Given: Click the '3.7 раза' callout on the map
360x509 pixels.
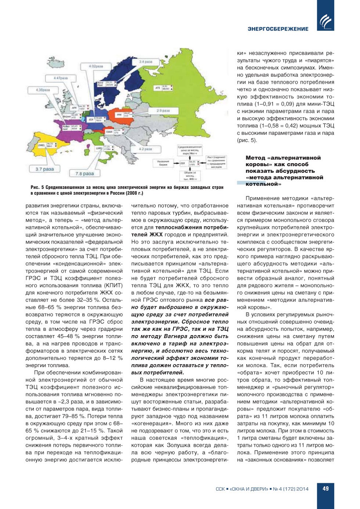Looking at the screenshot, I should click(45, 169).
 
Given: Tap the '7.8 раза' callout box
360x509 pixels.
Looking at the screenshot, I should click(85, 173).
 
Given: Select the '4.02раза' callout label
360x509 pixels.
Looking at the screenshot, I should click(96, 67).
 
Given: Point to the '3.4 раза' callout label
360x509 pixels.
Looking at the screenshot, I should click(146, 62).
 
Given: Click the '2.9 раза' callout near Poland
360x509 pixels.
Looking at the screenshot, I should click(163, 110).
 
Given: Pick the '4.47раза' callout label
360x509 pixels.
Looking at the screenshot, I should click(61, 78).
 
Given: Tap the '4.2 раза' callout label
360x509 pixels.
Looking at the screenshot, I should click(145, 149).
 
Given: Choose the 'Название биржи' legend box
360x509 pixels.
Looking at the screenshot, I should click(163, 163).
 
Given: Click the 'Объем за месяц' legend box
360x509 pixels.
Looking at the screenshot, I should click(190, 175).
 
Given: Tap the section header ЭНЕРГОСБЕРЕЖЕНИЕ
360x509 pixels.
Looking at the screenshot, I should click(278, 29).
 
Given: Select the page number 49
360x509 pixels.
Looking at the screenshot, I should click(325, 488).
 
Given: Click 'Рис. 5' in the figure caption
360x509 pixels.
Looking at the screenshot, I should click(37, 187).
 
